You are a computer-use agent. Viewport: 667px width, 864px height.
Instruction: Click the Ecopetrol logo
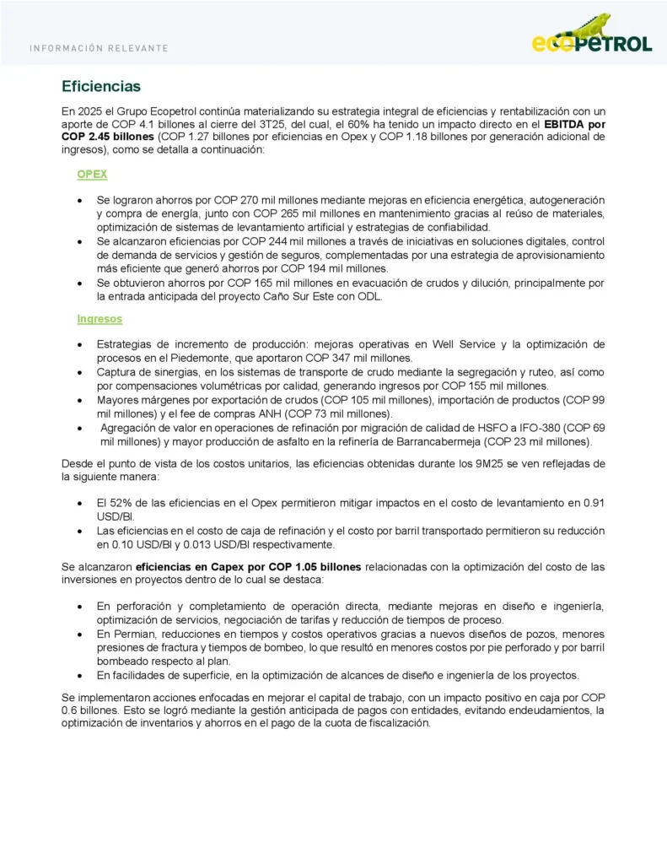click(x=592, y=40)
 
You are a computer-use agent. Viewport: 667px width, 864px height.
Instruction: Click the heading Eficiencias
click(x=100, y=87)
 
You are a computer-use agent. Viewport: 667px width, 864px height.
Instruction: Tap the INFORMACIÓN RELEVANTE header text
click(x=99, y=48)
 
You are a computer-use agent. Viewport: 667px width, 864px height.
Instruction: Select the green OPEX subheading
click(x=92, y=174)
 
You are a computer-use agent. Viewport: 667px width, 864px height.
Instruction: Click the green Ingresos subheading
click(x=100, y=319)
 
